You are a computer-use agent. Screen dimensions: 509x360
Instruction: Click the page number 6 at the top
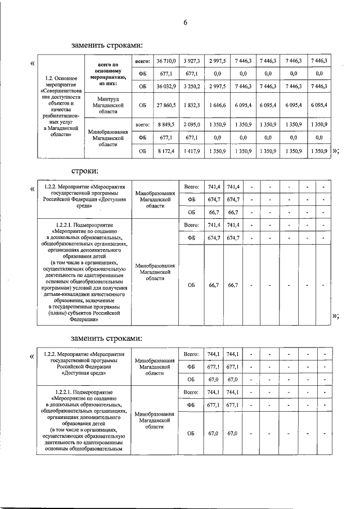click(184, 22)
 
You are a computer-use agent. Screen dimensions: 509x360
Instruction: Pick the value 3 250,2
click(192, 86)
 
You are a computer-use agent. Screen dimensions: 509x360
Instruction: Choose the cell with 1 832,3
click(192, 105)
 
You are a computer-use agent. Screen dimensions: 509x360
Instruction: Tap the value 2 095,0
click(192, 124)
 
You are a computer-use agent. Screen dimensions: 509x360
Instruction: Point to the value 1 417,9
click(192, 151)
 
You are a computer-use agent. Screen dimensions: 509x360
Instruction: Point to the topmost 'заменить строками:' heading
click(107, 44)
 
